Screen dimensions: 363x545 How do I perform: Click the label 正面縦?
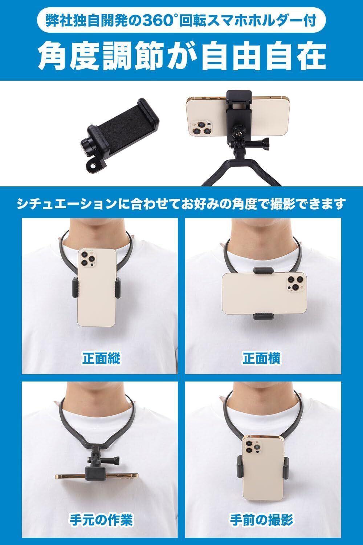click(101, 358)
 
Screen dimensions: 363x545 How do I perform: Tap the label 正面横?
click(261, 358)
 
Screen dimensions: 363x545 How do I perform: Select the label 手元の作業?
click(101, 518)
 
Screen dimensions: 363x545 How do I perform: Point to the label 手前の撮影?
click(261, 518)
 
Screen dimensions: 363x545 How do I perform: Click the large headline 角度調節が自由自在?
click(181, 56)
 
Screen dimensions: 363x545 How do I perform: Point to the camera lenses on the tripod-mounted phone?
click(201, 128)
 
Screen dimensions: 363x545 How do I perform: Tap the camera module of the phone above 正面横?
click(296, 283)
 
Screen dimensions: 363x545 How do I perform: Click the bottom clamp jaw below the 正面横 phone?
click(263, 316)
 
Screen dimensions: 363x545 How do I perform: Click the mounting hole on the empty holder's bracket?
click(93, 166)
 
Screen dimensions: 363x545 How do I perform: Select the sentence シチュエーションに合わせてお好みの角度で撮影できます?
click(181, 203)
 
